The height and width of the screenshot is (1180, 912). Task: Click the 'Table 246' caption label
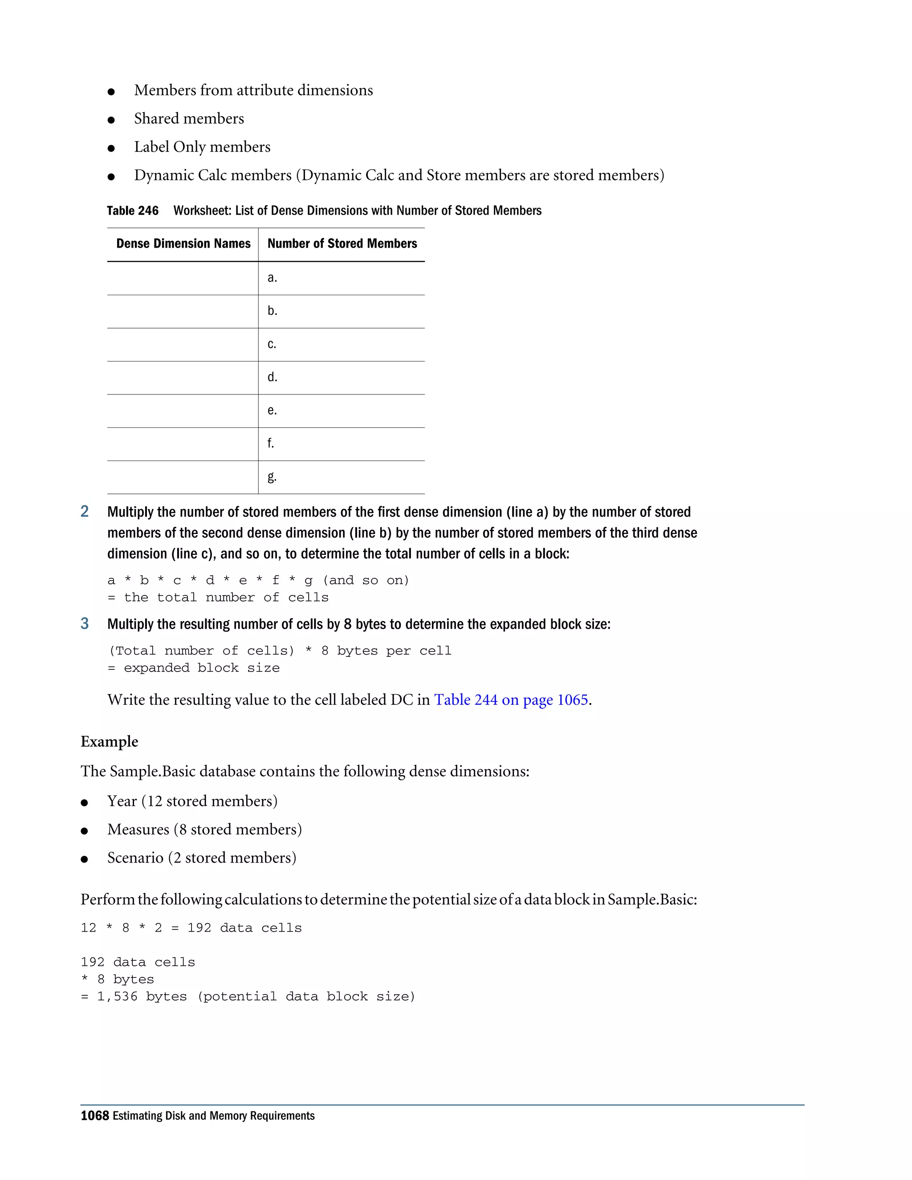[x=132, y=211]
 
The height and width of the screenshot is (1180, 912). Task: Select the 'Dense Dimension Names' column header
[x=183, y=244]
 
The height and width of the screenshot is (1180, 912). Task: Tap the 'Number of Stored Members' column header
[x=342, y=244]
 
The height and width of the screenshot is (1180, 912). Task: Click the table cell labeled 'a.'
[x=272, y=278]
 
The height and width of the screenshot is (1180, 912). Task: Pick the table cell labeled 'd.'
[x=272, y=377]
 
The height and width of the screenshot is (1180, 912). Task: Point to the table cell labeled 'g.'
[x=272, y=476]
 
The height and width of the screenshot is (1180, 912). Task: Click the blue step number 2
[x=85, y=511]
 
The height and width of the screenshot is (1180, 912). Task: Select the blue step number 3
[x=85, y=623]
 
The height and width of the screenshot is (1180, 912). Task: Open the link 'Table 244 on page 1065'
[x=511, y=700]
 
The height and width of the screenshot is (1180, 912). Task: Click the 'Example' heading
[x=109, y=741]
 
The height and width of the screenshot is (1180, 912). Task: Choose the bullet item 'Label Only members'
[x=202, y=147]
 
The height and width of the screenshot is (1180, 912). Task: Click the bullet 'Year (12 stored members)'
[x=192, y=801]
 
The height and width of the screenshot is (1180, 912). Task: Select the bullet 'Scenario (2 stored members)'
[x=202, y=858]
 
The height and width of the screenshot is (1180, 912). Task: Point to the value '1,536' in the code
[x=117, y=996]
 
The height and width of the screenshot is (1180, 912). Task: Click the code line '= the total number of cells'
[x=218, y=597]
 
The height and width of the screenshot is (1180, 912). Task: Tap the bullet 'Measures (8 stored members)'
[x=204, y=830]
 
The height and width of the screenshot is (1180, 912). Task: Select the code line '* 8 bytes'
[x=117, y=979]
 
